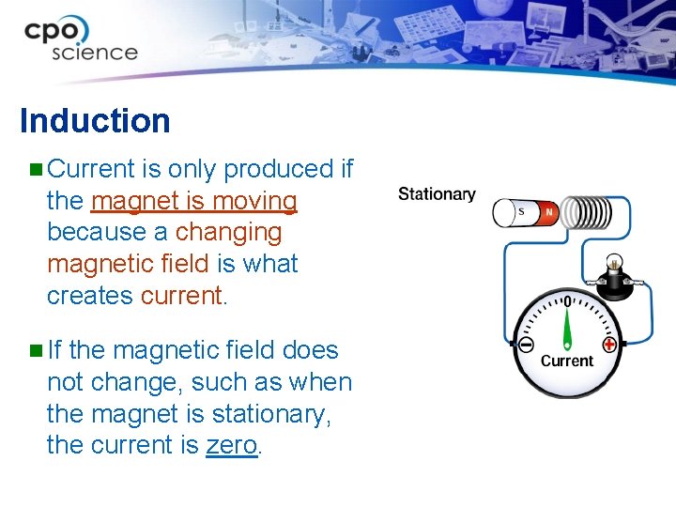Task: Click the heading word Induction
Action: tap(95, 121)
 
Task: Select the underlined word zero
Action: tap(231, 445)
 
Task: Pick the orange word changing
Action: tap(228, 232)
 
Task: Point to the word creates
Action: tap(90, 295)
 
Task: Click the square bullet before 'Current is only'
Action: tap(35, 170)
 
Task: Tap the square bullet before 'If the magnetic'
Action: tap(35, 351)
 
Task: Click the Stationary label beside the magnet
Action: tap(437, 194)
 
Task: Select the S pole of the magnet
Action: tap(522, 212)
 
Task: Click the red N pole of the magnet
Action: tap(548, 213)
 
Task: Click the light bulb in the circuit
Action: tap(614, 266)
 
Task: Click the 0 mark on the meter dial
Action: tap(567, 302)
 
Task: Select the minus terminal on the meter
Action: tap(525, 345)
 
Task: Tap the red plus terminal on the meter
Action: tap(609, 345)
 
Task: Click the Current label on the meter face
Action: tap(567, 361)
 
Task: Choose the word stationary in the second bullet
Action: tap(265, 413)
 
